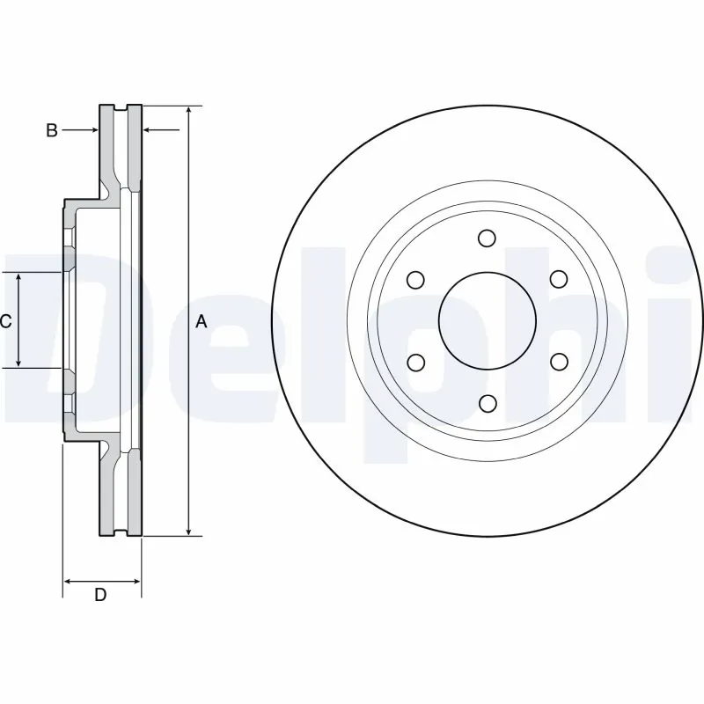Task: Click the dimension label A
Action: [201, 322]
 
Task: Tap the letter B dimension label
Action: [52, 130]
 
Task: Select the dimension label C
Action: [5, 321]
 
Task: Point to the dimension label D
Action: [100, 595]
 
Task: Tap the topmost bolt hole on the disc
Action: [487, 238]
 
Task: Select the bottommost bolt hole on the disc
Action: [487, 403]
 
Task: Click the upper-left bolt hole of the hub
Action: [415, 280]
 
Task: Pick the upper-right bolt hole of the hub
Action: [558, 279]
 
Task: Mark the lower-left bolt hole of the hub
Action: [415, 362]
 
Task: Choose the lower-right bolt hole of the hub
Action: [558, 362]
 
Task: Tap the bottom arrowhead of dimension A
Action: [188, 530]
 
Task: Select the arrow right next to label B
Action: [92, 130]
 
